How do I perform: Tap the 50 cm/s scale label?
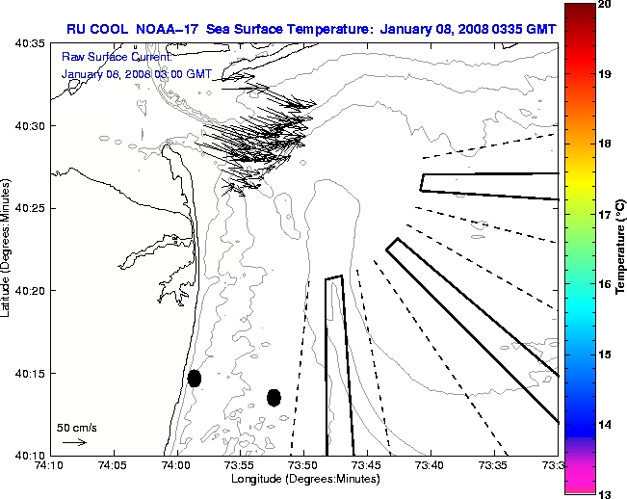click(x=75, y=427)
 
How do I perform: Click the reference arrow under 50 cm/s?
click(x=74, y=442)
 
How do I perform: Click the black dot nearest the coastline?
click(x=195, y=378)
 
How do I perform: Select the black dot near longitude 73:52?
click(x=274, y=397)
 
